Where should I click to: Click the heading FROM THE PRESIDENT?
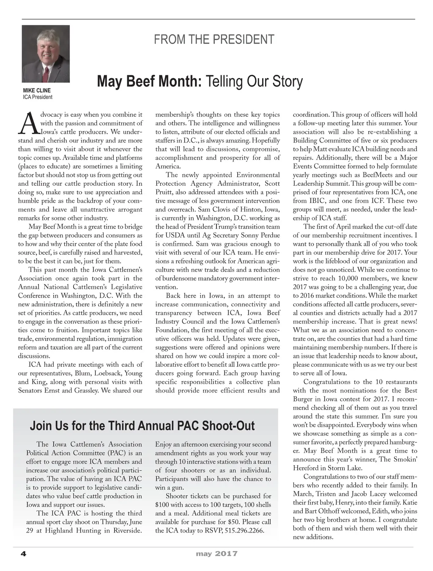[214, 40]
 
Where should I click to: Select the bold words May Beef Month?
[149, 81]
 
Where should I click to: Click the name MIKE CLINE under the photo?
[37, 91]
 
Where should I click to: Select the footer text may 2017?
[216, 554]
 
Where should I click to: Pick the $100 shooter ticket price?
[162, 505]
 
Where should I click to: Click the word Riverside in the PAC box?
[128, 530]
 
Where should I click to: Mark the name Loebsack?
[108, 373]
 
